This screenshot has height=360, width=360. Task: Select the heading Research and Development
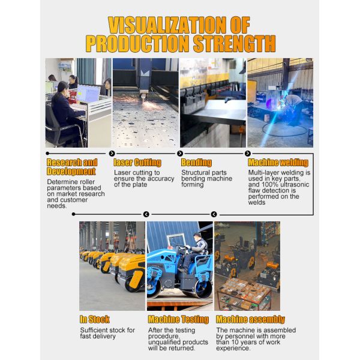pyautogui.click(x=71, y=167)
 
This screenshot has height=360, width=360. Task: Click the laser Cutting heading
pyautogui.click(x=137, y=163)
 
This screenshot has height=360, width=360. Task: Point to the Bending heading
pyautogui.click(x=196, y=163)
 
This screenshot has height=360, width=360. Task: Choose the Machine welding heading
pyautogui.click(x=278, y=163)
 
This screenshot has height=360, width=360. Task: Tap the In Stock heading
pyautogui.click(x=95, y=320)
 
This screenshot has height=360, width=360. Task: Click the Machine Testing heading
pyautogui.click(x=178, y=320)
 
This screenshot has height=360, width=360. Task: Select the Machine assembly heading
pyautogui.click(x=250, y=320)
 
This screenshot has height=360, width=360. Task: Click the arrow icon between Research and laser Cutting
pyautogui.click(x=112, y=154)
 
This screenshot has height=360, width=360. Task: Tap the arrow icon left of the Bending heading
pyautogui.click(x=179, y=154)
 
